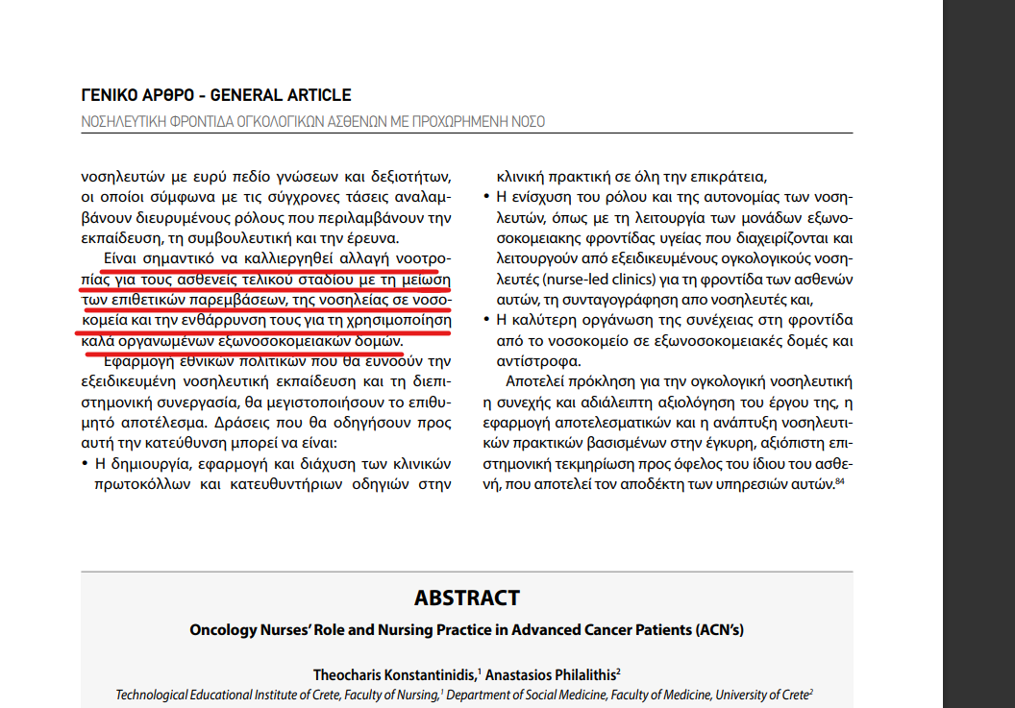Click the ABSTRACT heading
tap(466, 598)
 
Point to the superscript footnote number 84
tap(839, 481)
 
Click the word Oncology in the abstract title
tap(223, 630)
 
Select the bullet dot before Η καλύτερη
tap(487, 320)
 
